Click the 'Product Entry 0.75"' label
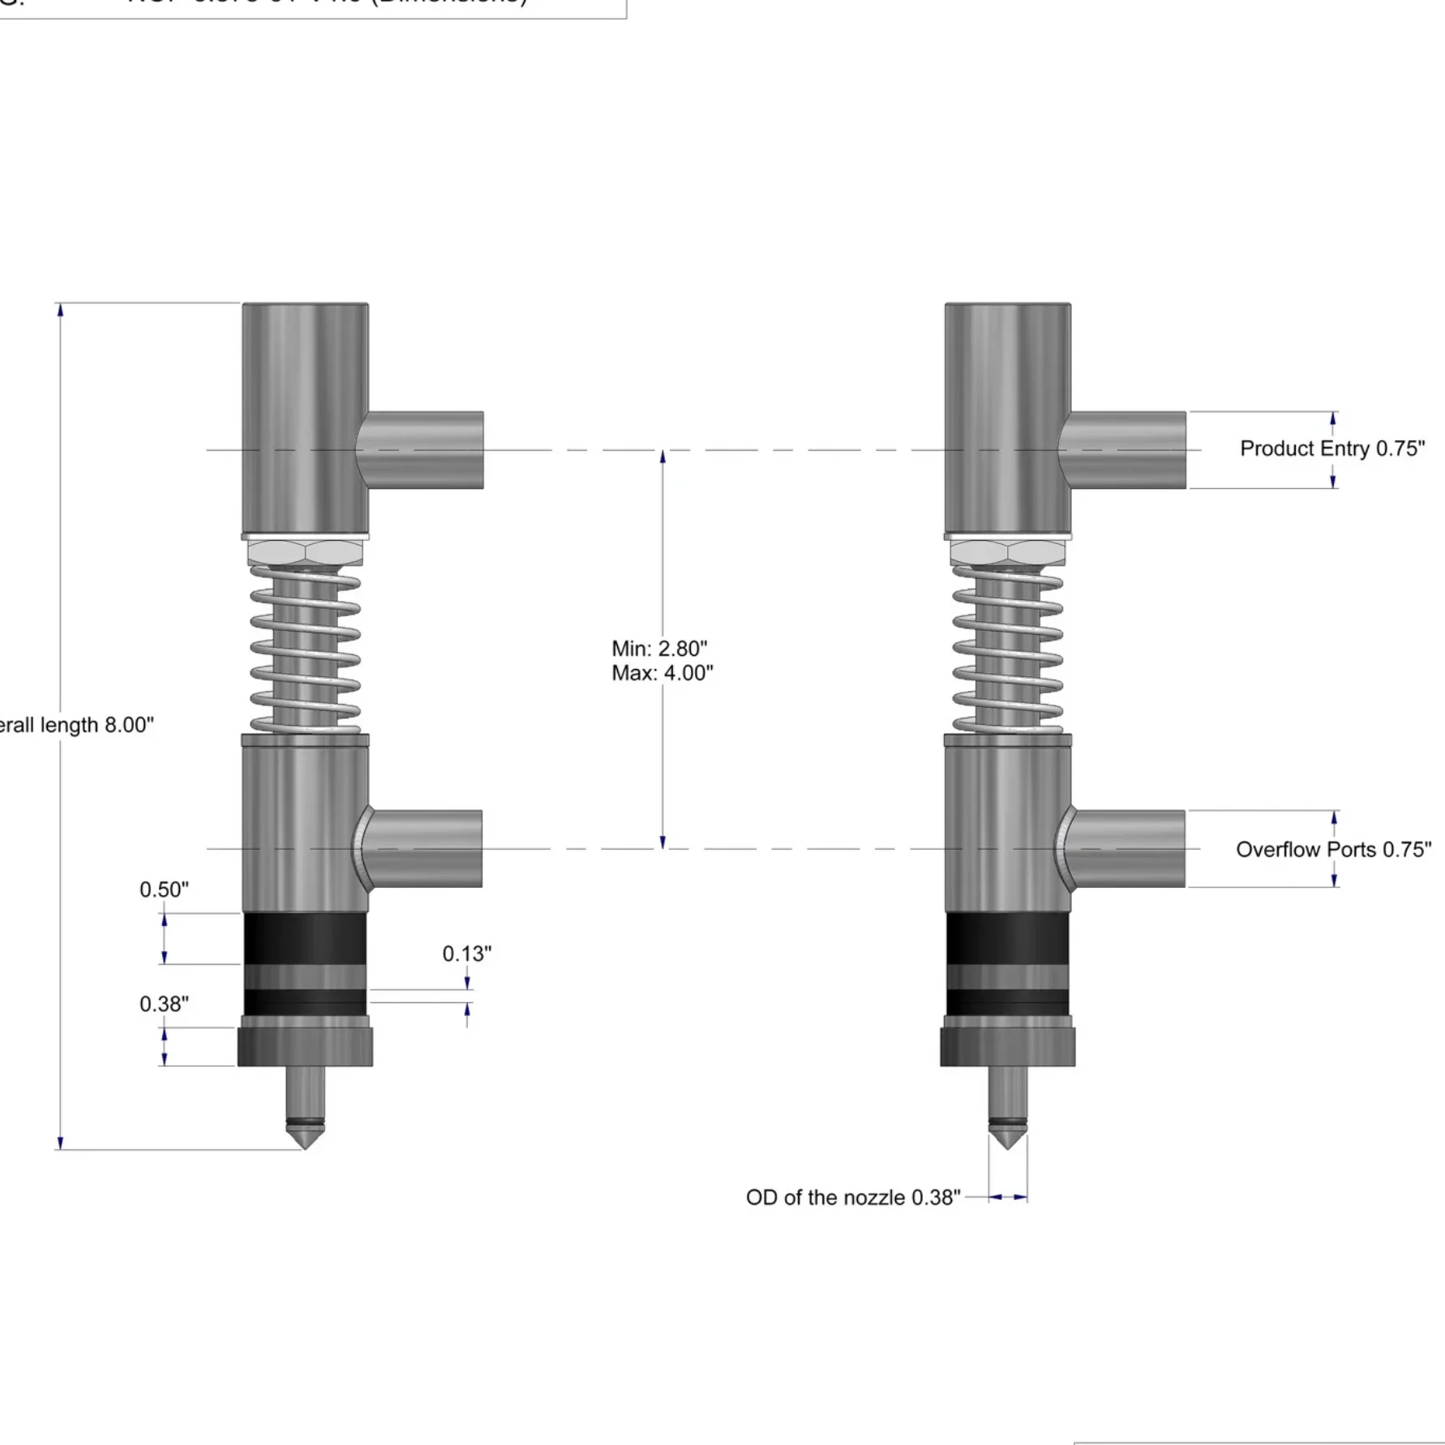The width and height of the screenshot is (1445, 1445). click(x=1331, y=448)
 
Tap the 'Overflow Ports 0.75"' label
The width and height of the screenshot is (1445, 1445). click(x=1333, y=849)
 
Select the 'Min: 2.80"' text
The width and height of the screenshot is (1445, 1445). click(x=658, y=649)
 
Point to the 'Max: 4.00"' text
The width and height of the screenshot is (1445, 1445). click(x=662, y=673)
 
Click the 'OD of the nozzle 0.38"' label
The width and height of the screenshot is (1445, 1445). click(x=852, y=1197)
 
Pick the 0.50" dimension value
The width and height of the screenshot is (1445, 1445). click(x=164, y=890)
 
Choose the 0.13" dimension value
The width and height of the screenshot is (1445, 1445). click(x=466, y=954)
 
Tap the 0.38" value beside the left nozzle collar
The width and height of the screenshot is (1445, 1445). click(x=164, y=1004)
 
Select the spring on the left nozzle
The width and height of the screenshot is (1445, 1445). click(x=305, y=649)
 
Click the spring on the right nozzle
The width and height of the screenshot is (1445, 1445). click(x=1007, y=649)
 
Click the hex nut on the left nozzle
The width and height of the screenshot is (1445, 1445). click(x=305, y=553)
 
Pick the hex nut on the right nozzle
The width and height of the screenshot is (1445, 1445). click(x=1007, y=553)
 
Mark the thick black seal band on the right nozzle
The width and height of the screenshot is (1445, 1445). click(x=1007, y=938)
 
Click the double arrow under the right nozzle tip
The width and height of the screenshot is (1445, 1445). click(x=1007, y=1197)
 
